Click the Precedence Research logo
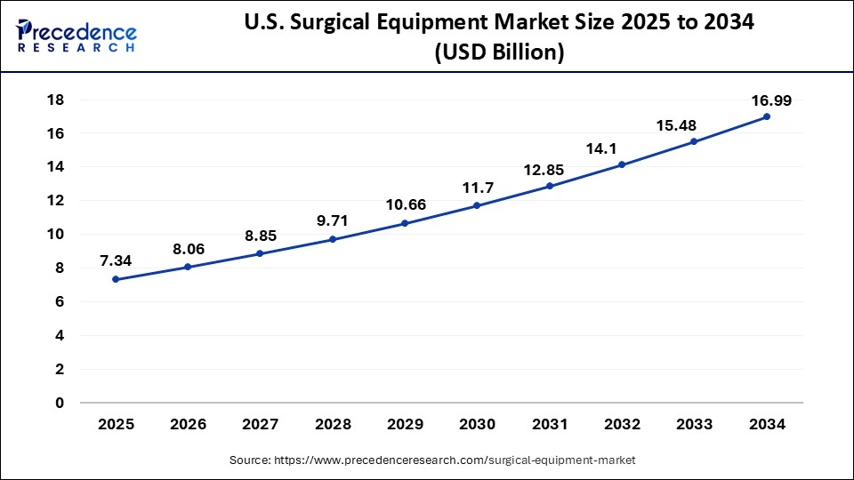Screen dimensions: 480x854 (x=77, y=34)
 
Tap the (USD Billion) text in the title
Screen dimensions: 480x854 (x=498, y=53)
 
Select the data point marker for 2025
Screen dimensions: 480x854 (x=116, y=279)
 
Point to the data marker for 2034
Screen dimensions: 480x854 (x=767, y=116)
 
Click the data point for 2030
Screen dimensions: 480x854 (x=477, y=205)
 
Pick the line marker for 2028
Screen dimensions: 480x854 (x=333, y=239)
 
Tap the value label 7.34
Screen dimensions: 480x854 (x=117, y=261)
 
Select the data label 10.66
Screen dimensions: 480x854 (x=406, y=204)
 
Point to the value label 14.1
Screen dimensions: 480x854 (x=622, y=148)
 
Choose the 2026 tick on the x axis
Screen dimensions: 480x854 (x=188, y=425)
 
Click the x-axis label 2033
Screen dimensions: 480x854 (x=695, y=425)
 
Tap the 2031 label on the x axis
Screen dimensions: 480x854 (x=550, y=425)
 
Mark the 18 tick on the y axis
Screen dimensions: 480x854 (x=55, y=100)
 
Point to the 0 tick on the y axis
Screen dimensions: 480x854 (x=60, y=403)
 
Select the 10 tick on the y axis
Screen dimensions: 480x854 (x=55, y=234)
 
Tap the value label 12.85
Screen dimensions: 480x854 (x=550, y=169)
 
